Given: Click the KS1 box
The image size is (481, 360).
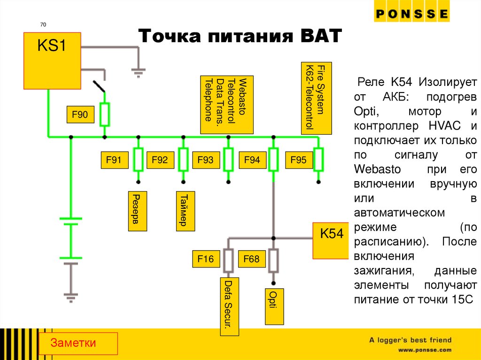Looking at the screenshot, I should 52,61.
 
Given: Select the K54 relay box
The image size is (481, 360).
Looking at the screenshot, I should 332,240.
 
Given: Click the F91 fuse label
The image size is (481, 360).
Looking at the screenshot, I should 114,161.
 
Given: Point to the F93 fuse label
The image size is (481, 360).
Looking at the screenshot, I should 205,161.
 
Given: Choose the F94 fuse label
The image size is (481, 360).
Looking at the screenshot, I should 252,161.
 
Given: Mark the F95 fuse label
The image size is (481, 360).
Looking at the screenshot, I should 298,161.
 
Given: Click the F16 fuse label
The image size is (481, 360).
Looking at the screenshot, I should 205,259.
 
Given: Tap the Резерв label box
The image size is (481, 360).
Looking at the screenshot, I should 137,211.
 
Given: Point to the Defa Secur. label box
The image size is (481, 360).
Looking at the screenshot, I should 230,306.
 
